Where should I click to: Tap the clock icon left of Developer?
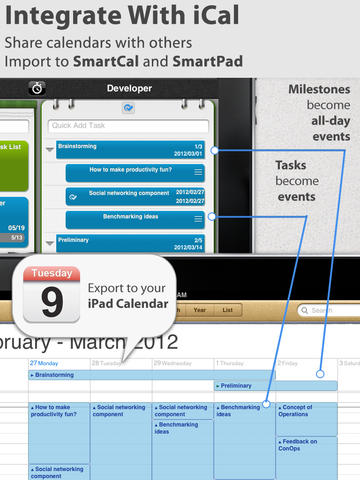[36, 88]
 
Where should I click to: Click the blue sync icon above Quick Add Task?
[127, 107]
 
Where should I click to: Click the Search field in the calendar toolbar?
[329, 310]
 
